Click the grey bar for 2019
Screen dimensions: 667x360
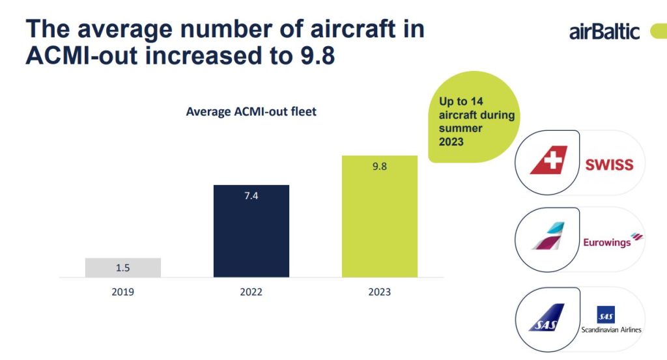pos(123,268)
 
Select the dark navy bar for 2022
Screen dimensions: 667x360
pos(251,231)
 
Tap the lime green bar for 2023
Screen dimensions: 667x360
pos(380,216)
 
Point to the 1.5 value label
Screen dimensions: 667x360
pos(123,268)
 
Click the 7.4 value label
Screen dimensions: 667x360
pos(251,195)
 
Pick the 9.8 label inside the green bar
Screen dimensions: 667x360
pos(380,166)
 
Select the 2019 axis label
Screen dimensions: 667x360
pos(123,292)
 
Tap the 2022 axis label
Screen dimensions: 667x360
pos(251,292)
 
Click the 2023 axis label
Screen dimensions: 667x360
pos(380,292)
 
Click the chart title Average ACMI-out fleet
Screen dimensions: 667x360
pos(251,112)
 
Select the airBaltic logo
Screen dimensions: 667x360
pos(604,32)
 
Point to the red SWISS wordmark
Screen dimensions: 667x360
pos(609,165)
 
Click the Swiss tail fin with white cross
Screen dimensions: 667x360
pos(548,160)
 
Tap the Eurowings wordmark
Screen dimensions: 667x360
pos(607,242)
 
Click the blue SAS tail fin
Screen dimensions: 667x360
pos(546,318)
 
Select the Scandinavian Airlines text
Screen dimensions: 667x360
pos(611,329)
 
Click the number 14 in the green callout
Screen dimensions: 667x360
pos(476,101)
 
